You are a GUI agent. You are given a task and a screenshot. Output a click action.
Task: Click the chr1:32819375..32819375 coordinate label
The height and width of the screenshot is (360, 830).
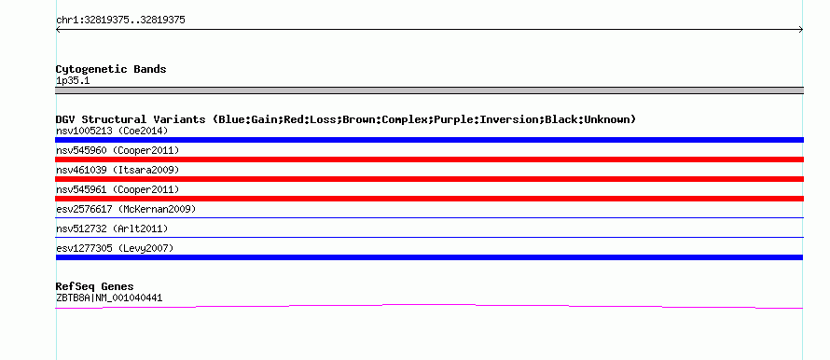(120, 21)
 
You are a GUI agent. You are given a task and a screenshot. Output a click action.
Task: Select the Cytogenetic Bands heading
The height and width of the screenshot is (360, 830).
(111, 69)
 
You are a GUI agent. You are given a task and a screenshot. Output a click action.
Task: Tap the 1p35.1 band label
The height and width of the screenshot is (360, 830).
(73, 80)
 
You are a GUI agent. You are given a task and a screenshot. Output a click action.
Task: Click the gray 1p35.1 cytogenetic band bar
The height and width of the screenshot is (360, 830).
(429, 90)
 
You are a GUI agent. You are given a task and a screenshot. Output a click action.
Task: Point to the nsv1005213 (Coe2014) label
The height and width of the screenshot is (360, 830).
(112, 131)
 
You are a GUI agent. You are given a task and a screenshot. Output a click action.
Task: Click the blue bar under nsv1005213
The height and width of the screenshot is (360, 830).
(429, 140)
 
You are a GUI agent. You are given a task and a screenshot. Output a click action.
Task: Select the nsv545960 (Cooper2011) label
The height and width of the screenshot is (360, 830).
(118, 150)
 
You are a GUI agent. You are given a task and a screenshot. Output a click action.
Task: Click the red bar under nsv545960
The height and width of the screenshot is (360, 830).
(429, 159)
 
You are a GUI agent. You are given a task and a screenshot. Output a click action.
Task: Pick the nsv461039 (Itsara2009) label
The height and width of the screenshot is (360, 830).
(118, 170)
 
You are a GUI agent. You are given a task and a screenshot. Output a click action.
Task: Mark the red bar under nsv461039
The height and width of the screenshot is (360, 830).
(429, 179)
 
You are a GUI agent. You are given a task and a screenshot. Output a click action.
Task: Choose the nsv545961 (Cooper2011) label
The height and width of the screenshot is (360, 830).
(118, 189)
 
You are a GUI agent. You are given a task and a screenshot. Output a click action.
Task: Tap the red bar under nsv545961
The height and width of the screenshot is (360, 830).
(429, 199)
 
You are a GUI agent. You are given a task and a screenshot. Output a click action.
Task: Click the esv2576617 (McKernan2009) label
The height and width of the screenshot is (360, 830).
(126, 209)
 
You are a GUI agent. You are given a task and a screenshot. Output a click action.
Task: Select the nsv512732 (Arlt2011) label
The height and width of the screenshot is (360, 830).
(112, 228)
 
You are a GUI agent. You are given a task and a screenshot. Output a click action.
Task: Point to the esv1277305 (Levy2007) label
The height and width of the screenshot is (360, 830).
(115, 248)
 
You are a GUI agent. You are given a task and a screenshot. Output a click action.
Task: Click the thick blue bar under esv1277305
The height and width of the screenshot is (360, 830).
(429, 257)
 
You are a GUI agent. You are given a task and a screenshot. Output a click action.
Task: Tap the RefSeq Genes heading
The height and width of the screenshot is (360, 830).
(95, 286)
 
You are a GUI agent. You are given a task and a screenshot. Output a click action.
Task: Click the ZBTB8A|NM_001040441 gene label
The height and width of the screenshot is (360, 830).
(109, 298)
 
